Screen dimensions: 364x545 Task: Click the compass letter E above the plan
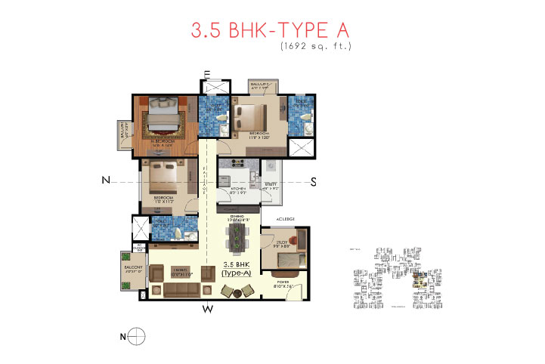click(206, 73)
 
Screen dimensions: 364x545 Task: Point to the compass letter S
click(313, 180)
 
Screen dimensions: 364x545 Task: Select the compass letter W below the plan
click(206, 308)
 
